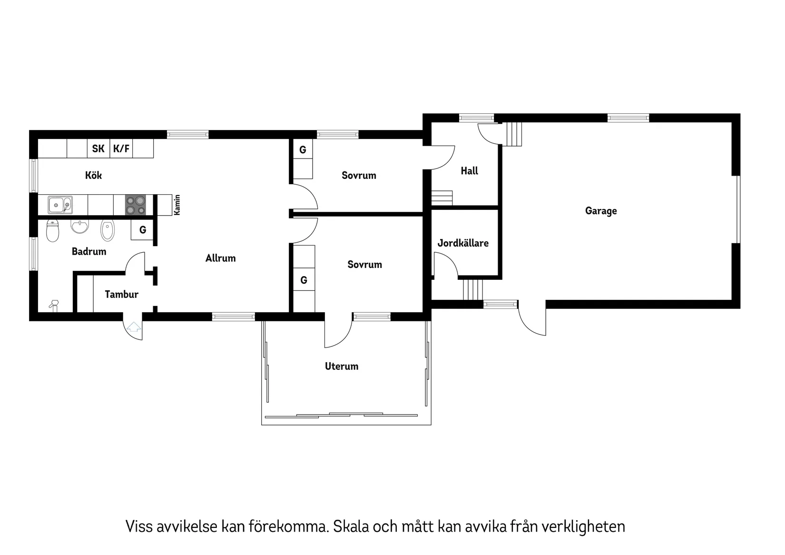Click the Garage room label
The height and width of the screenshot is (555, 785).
point(600,211)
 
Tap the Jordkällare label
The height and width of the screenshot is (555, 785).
point(463,243)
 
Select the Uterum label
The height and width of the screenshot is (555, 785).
point(341,367)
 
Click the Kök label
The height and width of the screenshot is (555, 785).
point(93,176)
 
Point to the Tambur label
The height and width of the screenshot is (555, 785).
point(121,295)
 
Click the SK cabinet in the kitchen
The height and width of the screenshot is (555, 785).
point(98,149)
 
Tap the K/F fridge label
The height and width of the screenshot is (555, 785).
point(121,149)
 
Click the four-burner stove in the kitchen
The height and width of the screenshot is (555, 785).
point(135,205)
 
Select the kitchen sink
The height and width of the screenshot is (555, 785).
point(60,205)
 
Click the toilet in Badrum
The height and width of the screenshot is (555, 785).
point(52,231)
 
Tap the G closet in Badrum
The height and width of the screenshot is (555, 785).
point(142,230)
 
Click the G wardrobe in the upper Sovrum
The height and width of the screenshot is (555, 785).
point(303,150)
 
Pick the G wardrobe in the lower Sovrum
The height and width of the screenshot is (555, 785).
point(304,280)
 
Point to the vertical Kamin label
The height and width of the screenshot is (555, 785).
point(177,205)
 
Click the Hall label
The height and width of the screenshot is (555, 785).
point(469,171)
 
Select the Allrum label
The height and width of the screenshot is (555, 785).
point(220,258)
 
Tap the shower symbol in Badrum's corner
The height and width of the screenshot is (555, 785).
point(54,305)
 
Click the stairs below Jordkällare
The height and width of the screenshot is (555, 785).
point(472,289)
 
